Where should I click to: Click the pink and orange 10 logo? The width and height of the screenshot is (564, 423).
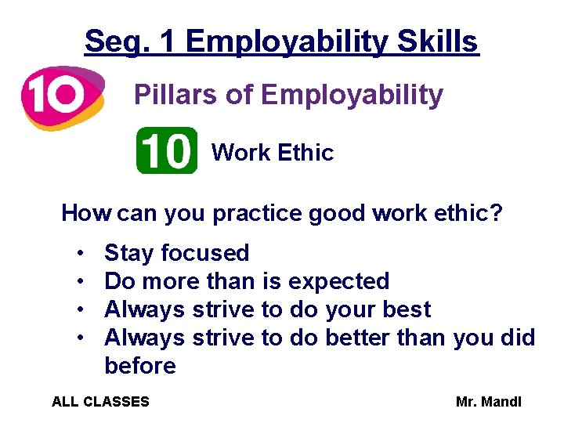point(62,96)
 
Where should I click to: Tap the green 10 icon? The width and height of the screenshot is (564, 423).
point(167,150)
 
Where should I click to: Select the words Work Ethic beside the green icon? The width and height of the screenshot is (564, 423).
point(273,153)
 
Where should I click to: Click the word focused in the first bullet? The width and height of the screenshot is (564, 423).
point(204,253)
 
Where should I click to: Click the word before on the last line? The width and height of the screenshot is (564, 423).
point(140,366)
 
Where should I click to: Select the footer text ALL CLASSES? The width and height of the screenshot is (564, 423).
point(100,402)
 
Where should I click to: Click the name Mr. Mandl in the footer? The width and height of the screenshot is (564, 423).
point(488,402)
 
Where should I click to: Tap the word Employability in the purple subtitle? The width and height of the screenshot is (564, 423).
point(352,96)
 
